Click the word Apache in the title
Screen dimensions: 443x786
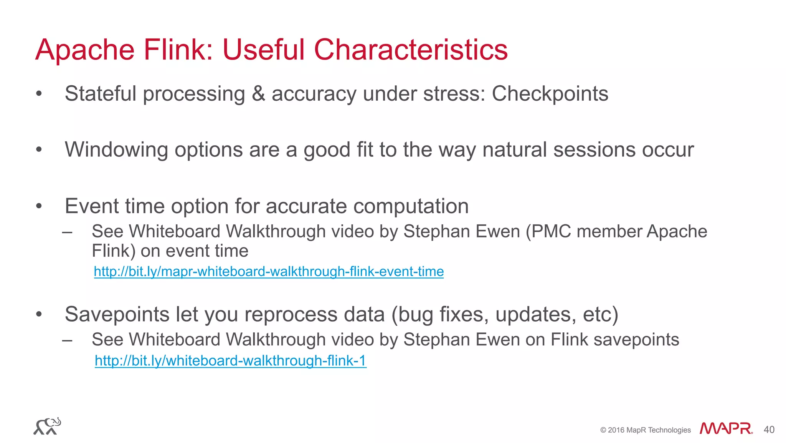(85, 50)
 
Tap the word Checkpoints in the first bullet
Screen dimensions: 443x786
(550, 94)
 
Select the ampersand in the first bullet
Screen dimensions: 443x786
(258, 94)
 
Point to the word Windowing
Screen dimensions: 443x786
(116, 150)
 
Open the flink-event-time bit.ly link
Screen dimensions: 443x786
(269, 272)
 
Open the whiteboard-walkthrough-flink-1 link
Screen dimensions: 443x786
(230, 361)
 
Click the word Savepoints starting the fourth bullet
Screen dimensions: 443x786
(117, 315)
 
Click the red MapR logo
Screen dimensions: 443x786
(726, 428)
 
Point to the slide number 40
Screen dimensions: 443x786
(769, 430)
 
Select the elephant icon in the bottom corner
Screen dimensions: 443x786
(47, 426)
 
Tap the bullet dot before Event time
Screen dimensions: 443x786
(38, 206)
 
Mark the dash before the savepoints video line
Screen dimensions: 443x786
(67, 340)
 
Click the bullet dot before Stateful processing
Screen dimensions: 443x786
(38, 94)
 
